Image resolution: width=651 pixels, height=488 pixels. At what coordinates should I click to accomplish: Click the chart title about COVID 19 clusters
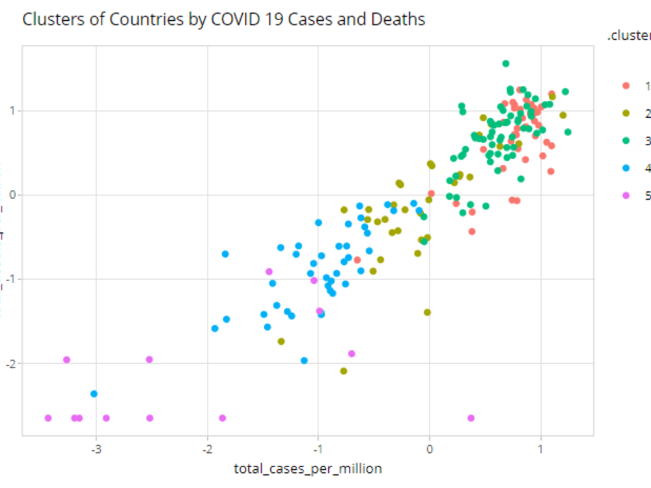223,20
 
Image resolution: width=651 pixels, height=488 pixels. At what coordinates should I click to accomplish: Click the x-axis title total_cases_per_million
308,468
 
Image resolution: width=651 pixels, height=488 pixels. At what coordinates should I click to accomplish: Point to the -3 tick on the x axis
96,449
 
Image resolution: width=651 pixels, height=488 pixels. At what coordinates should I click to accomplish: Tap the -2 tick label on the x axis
208,449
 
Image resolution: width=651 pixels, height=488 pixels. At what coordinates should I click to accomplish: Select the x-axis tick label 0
430,449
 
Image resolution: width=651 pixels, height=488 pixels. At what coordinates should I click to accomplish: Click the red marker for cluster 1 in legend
626,85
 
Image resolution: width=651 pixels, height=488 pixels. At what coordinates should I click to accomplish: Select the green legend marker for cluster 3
626,141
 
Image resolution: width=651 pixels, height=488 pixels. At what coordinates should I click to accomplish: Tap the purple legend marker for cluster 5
626,195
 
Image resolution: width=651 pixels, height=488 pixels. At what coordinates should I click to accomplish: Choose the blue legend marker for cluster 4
626,168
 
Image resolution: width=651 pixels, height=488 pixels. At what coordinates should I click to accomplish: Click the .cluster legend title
629,37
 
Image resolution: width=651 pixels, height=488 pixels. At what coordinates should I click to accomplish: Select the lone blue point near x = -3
94,394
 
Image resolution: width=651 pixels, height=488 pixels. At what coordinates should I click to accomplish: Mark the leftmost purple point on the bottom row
48,418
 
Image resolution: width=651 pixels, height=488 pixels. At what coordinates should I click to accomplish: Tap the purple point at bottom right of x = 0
471,418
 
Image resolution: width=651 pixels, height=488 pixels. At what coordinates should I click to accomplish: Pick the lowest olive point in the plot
344,371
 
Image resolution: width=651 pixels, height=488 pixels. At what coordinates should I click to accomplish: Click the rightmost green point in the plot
568,132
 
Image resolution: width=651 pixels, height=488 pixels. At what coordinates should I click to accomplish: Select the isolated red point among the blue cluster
357,260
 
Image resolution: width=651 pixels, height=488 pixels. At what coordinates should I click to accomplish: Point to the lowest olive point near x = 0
427,312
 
